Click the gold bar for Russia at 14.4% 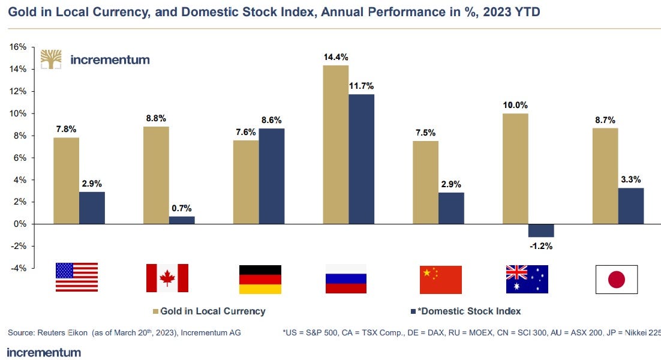click(335, 144)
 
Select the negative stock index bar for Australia click(541, 230)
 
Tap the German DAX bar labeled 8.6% click(271, 176)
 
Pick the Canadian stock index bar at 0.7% click(182, 220)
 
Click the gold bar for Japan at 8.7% click(605, 176)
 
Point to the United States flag click(77, 277)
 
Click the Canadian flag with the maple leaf click(167, 278)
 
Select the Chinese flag click(441, 279)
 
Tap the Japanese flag click(616, 280)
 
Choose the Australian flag click(527, 279)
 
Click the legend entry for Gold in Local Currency click(209, 311)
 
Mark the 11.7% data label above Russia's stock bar click(361, 85)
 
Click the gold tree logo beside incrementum click(52, 59)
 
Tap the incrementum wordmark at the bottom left click(44, 352)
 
